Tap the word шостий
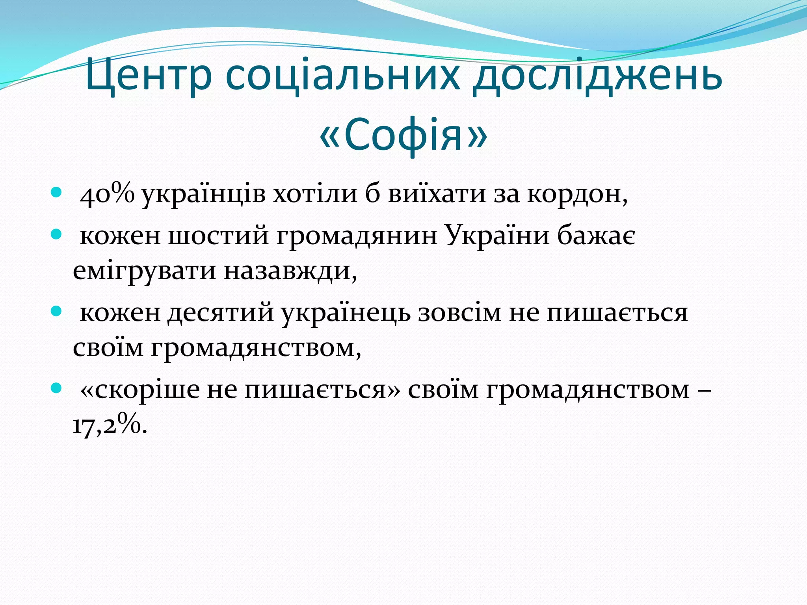tap(219, 236)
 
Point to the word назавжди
tap(290, 272)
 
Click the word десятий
tap(221, 313)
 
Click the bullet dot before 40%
tap(57, 193)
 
